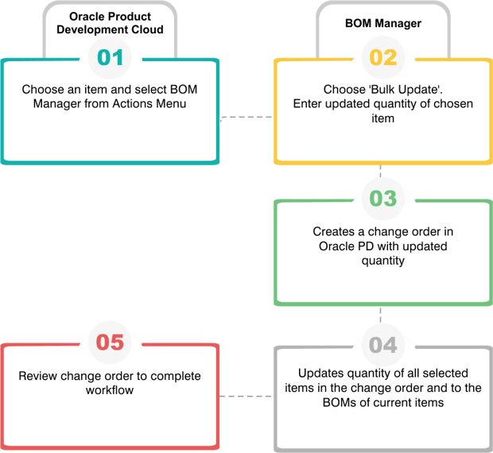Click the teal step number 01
pyautogui.click(x=110, y=57)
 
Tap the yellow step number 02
pyautogui.click(x=383, y=57)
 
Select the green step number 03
pyautogui.click(x=383, y=199)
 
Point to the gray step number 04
pyautogui.click(x=383, y=345)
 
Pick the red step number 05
pyautogui.click(x=110, y=342)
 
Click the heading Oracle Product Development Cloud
pyautogui.click(x=110, y=23)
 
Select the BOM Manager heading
pyautogui.click(x=383, y=23)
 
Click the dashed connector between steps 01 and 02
pyautogui.click(x=246, y=118)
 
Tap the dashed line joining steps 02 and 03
pyautogui.click(x=380, y=171)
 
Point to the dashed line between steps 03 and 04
pyautogui.click(x=380, y=315)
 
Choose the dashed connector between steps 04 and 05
pyautogui.click(x=245, y=396)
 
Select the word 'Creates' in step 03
pyautogui.click(x=334, y=231)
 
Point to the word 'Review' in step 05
pyautogui.click(x=37, y=376)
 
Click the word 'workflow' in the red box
pyautogui.click(x=110, y=390)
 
